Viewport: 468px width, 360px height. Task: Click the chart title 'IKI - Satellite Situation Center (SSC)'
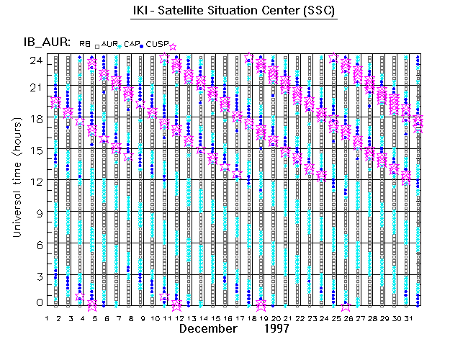pos(235,12)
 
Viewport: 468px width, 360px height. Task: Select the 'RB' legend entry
pos(85,44)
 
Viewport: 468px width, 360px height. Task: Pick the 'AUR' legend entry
pos(109,44)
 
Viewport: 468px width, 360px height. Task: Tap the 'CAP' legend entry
pos(132,44)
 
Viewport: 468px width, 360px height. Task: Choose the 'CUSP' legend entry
pos(156,44)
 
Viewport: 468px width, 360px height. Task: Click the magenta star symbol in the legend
pos(172,47)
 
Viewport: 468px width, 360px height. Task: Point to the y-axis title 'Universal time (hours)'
pos(15,178)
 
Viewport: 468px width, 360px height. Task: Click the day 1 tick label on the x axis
pos(47,318)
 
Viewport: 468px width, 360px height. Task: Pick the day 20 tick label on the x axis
pos(275,318)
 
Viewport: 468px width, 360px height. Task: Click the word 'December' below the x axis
pos(208,328)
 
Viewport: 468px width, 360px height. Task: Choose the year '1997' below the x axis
pos(276,328)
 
